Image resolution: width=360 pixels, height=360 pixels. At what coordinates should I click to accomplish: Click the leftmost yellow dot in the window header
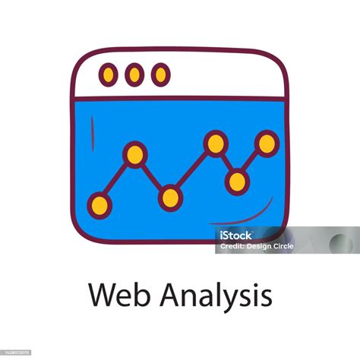(x=109, y=74)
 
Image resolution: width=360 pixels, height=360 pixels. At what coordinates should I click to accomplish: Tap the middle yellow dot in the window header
(x=134, y=74)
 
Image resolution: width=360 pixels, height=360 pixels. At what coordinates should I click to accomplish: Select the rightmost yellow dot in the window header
(x=160, y=74)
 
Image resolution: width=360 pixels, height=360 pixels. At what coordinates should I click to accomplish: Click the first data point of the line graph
(x=99, y=204)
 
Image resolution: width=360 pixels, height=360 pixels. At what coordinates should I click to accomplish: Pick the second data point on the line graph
(x=134, y=154)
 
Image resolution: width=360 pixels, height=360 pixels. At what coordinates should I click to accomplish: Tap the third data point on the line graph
(x=170, y=198)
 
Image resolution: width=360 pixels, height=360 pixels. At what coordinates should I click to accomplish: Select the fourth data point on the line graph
(x=216, y=142)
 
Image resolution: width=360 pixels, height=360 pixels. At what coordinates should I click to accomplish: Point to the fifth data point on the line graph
(x=237, y=181)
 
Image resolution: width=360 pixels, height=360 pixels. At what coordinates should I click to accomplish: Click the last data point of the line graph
(x=267, y=142)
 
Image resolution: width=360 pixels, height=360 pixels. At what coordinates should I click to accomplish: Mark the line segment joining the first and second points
(x=117, y=179)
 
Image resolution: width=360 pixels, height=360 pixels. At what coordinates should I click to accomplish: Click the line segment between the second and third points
(x=152, y=176)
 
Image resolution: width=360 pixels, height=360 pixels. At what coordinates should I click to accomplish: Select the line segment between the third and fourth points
(x=193, y=170)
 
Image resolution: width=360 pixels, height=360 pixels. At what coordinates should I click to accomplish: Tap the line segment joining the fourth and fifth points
(x=226, y=162)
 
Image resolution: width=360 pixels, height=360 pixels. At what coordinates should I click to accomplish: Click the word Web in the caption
(x=116, y=295)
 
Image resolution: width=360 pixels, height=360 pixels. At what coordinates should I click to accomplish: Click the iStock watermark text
(x=235, y=235)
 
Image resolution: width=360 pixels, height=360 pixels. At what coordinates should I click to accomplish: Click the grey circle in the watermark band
(x=340, y=242)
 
